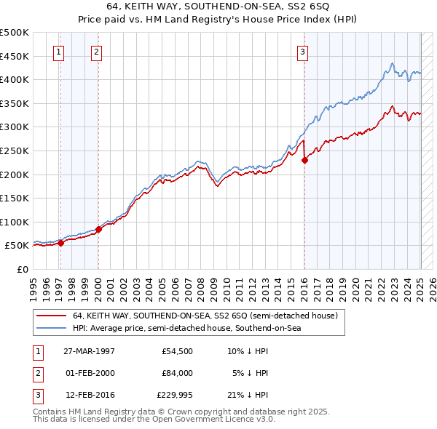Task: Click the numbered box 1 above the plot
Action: (58, 51)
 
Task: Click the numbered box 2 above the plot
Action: (96, 51)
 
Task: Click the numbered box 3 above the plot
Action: (302, 51)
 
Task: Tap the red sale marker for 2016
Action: (304, 161)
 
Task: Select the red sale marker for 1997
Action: (61, 244)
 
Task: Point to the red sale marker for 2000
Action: (98, 230)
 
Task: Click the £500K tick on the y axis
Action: (15, 33)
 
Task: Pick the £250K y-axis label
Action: (15, 151)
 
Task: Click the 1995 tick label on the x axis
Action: (34, 285)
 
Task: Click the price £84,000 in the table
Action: (177, 373)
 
